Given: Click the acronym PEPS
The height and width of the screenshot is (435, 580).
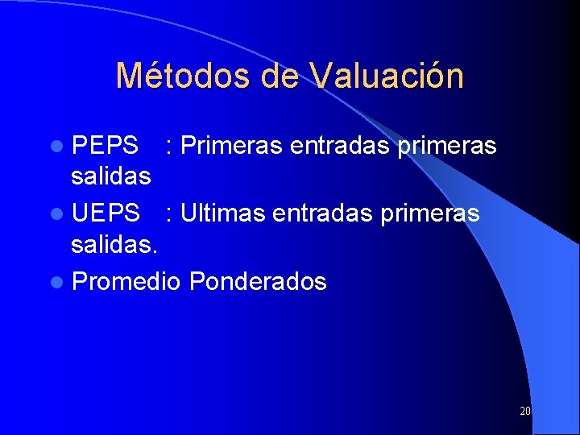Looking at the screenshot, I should [105, 146].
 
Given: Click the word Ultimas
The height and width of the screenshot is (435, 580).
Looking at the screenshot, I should [223, 213].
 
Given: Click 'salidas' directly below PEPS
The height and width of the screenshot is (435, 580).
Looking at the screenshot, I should [111, 175].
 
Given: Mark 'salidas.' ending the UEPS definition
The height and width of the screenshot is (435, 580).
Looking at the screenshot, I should [114, 242].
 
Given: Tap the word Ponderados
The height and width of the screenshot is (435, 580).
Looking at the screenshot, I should [259, 282].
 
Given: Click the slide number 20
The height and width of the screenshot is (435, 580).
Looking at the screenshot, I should [525, 411].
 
